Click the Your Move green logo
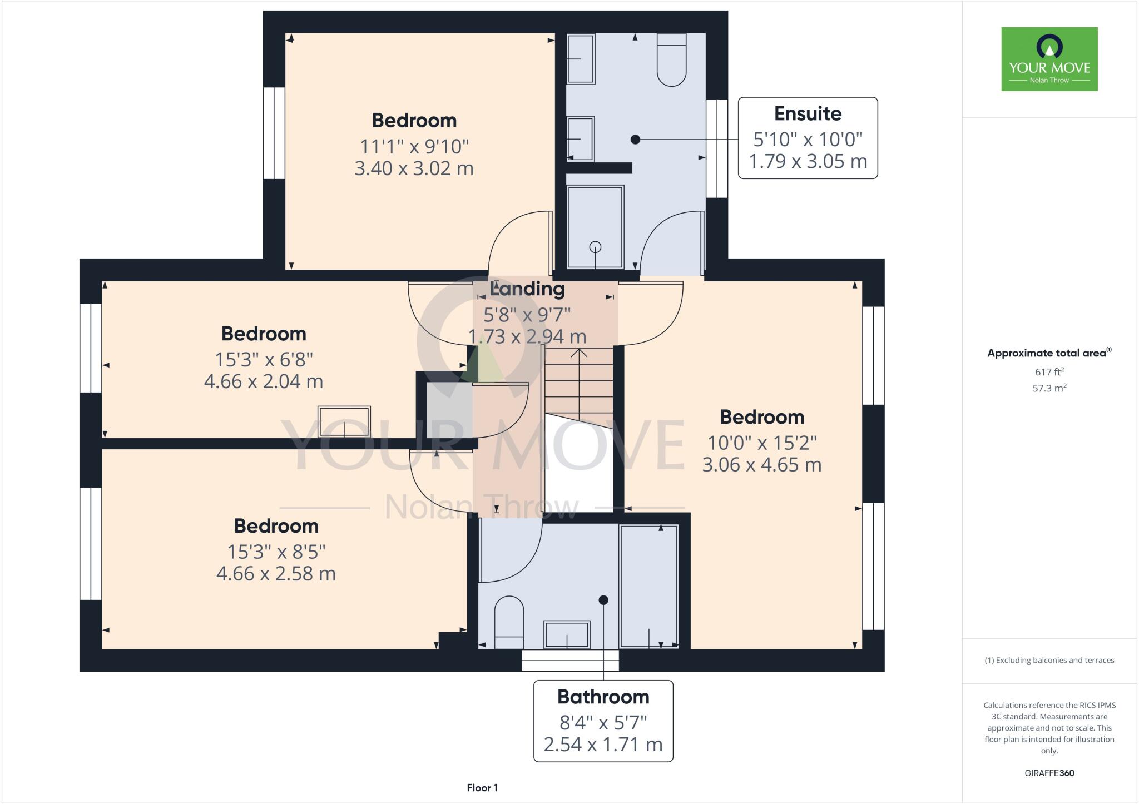(1049, 59)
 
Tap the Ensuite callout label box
(808, 138)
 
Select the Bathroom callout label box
(603, 721)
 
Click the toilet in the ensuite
(671, 60)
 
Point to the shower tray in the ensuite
(595, 227)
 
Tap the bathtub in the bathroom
(648, 587)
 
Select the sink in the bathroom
(567, 634)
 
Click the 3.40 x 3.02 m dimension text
(414, 168)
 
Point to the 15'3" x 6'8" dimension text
(264, 360)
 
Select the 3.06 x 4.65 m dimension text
(761, 464)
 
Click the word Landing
(527, 289)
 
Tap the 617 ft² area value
(1049, 372)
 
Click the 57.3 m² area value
(1049, 388)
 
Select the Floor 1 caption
(482, 788)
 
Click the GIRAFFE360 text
(1049, 773)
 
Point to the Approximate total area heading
(1049, 353)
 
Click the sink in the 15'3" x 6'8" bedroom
(344, 421)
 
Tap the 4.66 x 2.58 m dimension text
(276, 573)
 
